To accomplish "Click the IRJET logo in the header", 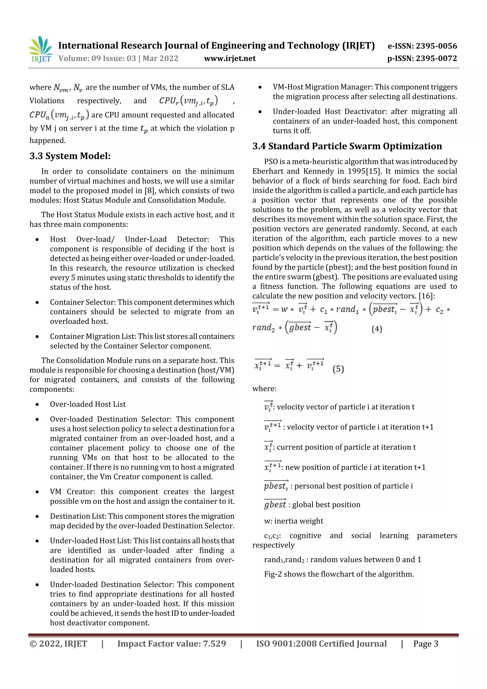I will tap(40, 50).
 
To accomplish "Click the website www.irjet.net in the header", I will tap(230, 59).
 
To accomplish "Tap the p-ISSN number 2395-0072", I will tap(436, 59).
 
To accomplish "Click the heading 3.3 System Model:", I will tap(70, 156).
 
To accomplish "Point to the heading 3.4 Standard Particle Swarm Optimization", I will tap(347, 146).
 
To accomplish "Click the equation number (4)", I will tap(377, 329).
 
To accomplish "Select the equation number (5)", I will tap(338, 369).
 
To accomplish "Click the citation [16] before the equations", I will tap(425, 296).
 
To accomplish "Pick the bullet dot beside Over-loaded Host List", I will tap(37, 405).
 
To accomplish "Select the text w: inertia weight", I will tap(293, 521).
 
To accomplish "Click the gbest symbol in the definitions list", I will tap(275, 504).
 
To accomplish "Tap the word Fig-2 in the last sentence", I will tap(273, 574).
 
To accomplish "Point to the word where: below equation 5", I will tap(264, 389).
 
